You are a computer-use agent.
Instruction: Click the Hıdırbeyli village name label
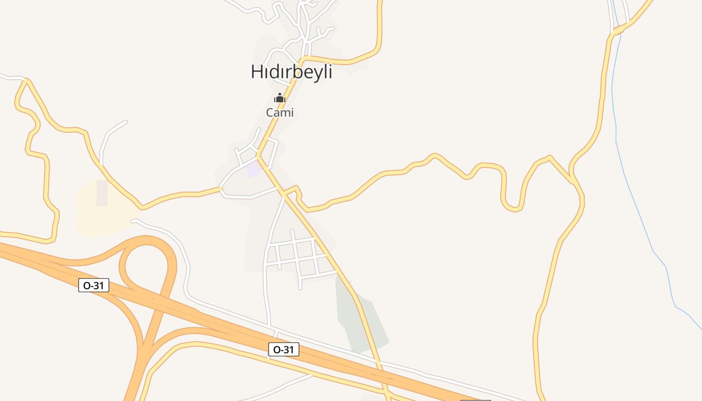pos(291,72)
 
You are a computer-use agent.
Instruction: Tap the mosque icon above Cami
pos(280,98)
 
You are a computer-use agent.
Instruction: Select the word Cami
pos(280,113)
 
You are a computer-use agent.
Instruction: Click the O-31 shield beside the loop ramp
pos(94,285)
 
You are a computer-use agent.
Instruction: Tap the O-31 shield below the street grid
pos(284,349)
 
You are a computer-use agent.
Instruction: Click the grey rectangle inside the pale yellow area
pos(102,193)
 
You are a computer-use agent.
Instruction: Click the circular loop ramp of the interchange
pos(148,263)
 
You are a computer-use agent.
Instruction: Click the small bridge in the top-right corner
pos(618,30)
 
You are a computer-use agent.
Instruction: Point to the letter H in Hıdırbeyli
pos(256,72)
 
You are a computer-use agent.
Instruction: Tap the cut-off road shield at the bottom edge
pos(475,399)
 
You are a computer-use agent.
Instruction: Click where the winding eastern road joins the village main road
pos(284,191)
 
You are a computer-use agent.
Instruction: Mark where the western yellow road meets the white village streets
pos(221,189)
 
